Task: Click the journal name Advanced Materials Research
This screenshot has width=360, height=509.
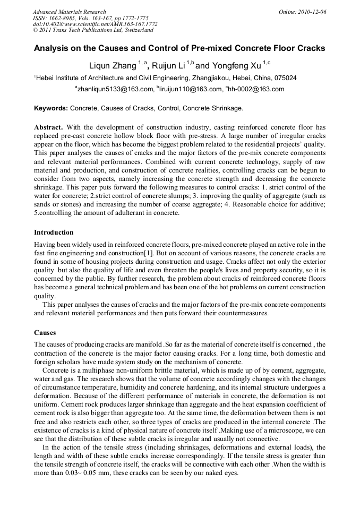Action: [x=69, y=12]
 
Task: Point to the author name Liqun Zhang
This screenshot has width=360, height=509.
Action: [x=112, y=66]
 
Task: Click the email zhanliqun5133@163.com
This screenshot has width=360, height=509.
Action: [x=114, y=89]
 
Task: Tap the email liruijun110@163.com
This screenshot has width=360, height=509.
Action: [x=189, y=89]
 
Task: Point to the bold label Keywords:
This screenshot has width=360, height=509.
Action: [x=51, y=108]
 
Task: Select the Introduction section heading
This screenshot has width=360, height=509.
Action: [x=54, y=232]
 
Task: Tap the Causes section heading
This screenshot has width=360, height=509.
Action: [x=45, y=333]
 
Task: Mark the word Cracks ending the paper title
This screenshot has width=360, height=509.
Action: [x=310, y=48]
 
